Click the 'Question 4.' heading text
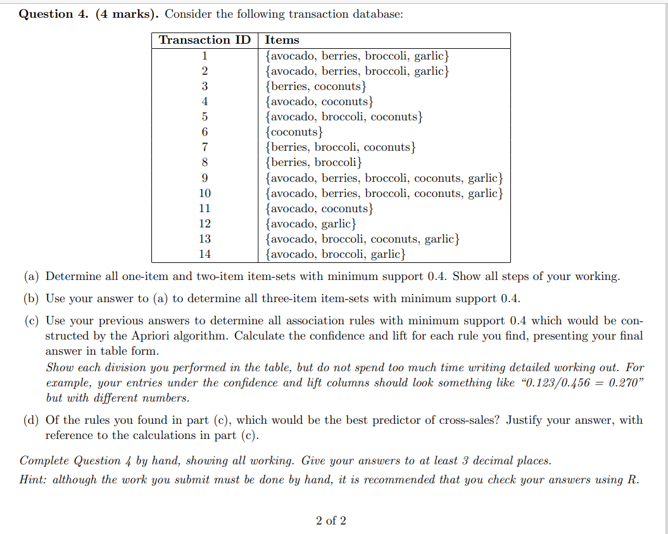pyautogui.click(x=54, y=15)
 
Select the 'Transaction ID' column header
pyautogui.click(x=205, y=40)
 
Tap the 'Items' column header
pyautogui.click(x=282, y=40)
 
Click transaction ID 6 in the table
pyautogui.click(x=205, y=132)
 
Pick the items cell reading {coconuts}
pyautogui.click(x=295, y=132)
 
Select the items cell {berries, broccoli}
pyautogui.click(x=314, y=162)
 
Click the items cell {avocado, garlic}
pyautogui.click(x=311, y=224)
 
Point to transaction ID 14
pyautogui.click(x=205, y=254)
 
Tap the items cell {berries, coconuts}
pyautogui.click(x=317, y=86)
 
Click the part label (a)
pyautogui.click(x=32, y=277)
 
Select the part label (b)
pyautogui.click(x=32, y=298)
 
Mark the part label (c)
pyautogui.click(x=32, y=321)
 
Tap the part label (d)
pyautogui.click(x=32, y=420)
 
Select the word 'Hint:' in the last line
pyautogui.click(x=34, y=480)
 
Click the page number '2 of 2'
pyautogui.click(x=331, y=521)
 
